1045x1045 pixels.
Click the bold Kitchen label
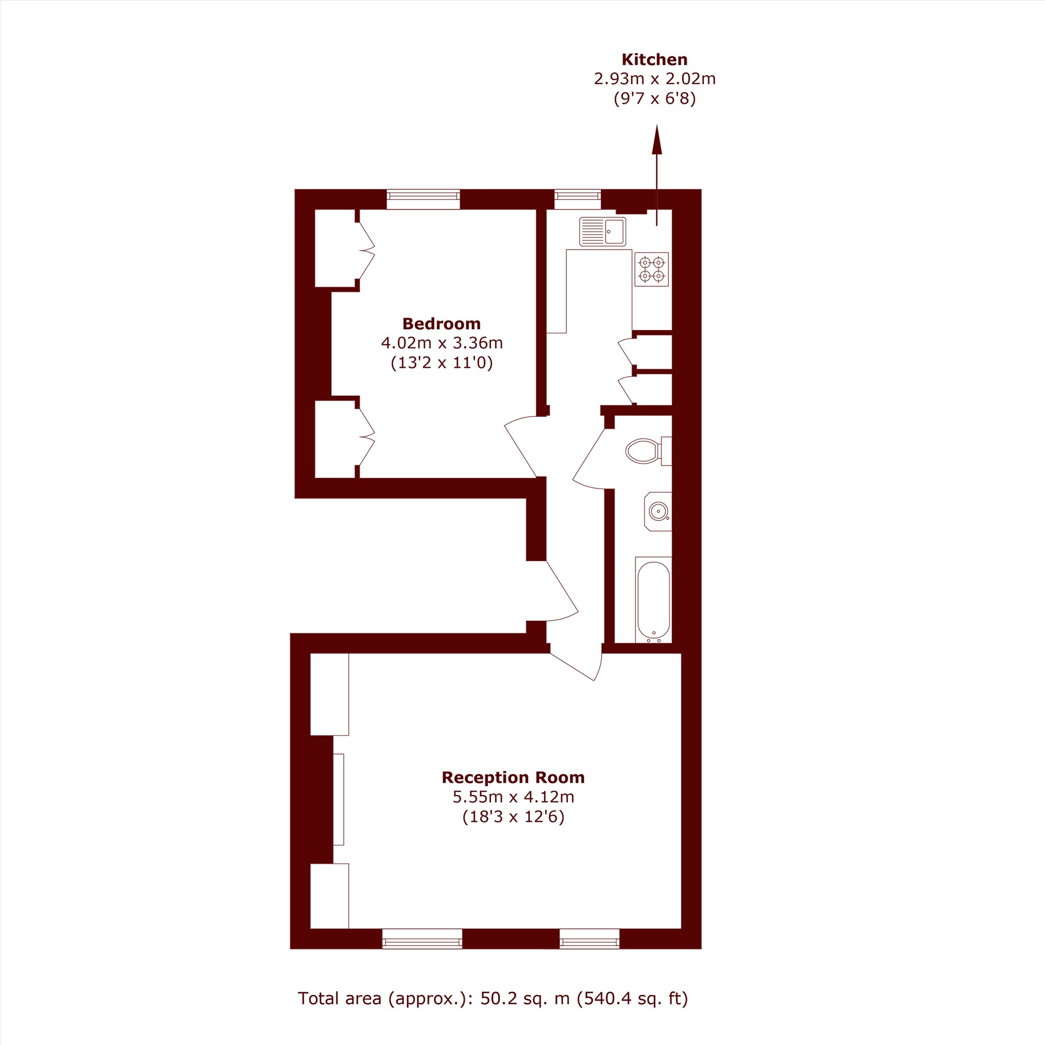pos(655,60)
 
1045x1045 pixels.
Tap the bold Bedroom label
pos(442,324)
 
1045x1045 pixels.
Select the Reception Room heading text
pos(513,778)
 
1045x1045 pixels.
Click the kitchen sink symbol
pos(602,231)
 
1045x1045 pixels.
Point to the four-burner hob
pos(652,270)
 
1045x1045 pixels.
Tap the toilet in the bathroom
pos(648,451)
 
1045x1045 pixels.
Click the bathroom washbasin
pos(658,512)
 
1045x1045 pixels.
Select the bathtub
pos(654,600)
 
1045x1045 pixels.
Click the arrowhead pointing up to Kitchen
pos(657,139)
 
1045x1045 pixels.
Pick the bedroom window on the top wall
pos(424,200)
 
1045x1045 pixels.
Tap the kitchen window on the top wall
pos(578,200)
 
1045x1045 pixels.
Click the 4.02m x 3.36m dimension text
pos(442,343)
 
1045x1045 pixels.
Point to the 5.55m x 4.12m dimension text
pos(513,797)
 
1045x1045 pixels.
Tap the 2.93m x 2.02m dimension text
pos(655,79)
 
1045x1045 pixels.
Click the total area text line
pos(493,998)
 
